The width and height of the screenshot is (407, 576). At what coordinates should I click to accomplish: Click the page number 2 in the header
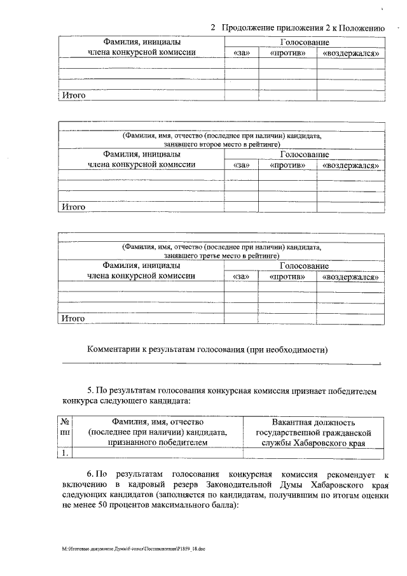(x=213, y=28)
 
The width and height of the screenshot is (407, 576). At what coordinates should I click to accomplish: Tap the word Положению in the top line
(x=361, y=28)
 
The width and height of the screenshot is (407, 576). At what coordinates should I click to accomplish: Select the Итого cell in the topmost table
(x=72, y=96)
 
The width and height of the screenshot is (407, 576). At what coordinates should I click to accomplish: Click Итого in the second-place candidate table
(x=72, y=207)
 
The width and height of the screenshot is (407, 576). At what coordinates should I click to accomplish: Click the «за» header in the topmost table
(x=242, y=53)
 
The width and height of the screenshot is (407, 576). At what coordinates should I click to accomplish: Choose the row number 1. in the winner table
(x=65, y=453)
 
